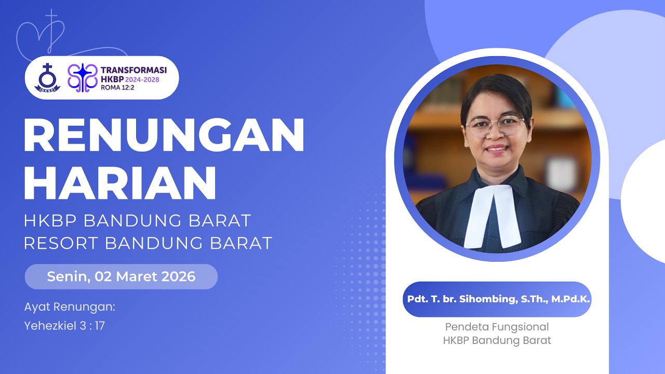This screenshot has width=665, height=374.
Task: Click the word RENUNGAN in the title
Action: (164, 136)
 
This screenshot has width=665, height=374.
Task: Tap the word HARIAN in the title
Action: (120, 183)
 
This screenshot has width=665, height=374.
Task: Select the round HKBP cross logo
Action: (47, 78)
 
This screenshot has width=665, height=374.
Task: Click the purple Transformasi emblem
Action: (83, 78)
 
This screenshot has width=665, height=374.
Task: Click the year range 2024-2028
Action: (141, 79)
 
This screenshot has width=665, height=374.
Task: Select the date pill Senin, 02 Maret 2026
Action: (121, 276)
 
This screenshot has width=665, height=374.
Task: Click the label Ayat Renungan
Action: (70, 306)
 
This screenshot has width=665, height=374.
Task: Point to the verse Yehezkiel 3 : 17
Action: (64, 326)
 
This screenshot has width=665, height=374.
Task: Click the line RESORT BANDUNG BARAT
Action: (148, 243)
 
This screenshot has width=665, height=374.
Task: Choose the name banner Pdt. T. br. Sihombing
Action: (497, 299)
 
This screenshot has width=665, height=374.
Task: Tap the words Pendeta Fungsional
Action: (497, 327)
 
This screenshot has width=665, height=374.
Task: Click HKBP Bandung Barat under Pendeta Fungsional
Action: (497, 341)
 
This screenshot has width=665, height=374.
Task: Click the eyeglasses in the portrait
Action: (495, 126)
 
